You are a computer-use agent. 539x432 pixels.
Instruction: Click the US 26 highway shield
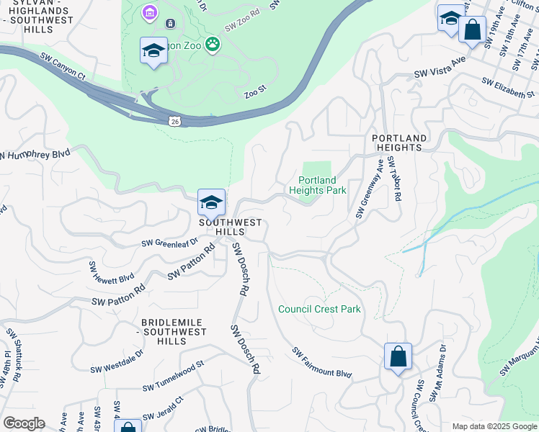click(x=174, y=121)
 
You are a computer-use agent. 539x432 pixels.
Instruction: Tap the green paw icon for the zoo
click(x=213, y=45)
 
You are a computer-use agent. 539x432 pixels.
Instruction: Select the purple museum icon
click(x=149, y=12)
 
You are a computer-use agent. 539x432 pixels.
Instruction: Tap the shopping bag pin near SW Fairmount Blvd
click(x=398, y=357)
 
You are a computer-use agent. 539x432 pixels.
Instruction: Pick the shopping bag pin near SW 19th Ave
click(x=472, y=31)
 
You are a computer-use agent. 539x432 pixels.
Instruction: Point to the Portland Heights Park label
click(x=318, y=185)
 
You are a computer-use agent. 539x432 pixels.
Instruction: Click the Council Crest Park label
click(x=319, y=309)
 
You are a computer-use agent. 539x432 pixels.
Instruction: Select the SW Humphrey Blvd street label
click(x=36, y=155)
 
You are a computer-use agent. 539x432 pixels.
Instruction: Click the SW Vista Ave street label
click(x=441, y=73)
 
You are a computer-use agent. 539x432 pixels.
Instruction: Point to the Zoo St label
click(x=255, y=93)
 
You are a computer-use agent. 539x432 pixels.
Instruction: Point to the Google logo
click(x=24, y=423)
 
